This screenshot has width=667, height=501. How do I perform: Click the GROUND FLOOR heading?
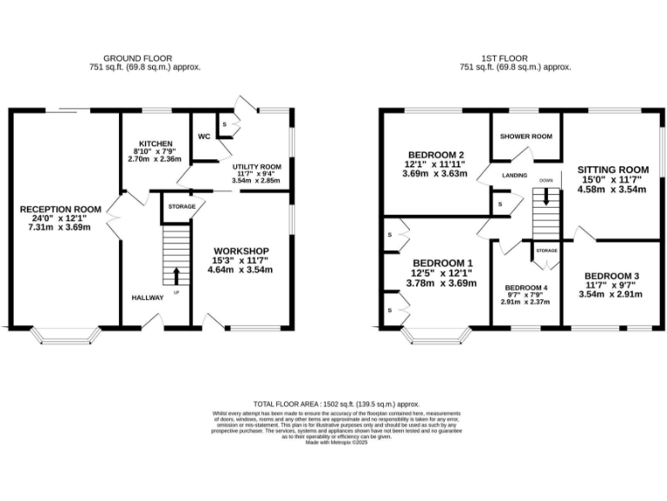click(x=145, y=58)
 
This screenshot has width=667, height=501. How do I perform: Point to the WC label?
click(x=204, y=137)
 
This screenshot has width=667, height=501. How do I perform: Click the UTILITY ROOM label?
click(x=256, y=164)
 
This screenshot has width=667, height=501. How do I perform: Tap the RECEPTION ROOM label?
click(x=62, y=210)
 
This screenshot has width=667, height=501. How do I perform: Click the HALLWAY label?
click(x=147, y=297)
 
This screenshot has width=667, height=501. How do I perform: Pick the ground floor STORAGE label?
click(x=182, y=207)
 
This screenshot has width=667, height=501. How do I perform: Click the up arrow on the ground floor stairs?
click(x=177, y=276)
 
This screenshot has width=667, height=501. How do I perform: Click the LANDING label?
click(x=515, y=175)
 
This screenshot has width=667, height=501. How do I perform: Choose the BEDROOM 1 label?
click(x=443, y=263)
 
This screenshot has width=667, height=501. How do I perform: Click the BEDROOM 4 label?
click(x=527, y=288)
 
